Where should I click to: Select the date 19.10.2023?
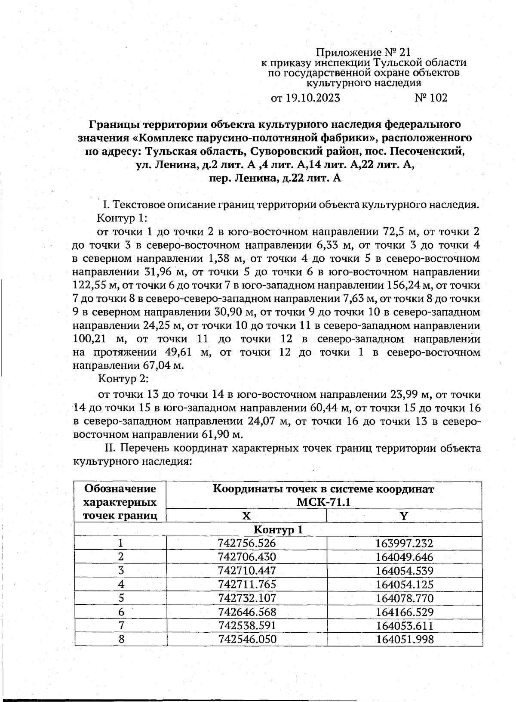pos(313,98)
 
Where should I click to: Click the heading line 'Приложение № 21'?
pos(363,53)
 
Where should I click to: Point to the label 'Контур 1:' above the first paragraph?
pos(123,218)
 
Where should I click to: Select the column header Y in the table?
pos(404,516)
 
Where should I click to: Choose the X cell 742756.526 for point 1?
pos(247,543)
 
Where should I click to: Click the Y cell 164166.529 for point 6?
pos(404,612)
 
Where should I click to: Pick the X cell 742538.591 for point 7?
pos(247,625)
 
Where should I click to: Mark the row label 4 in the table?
pos(121,584)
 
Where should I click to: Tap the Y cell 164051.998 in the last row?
pos(404,639)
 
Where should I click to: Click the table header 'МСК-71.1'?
pos(324,503)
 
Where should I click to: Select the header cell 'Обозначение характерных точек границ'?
pos(120,502)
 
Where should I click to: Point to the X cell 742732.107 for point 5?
pos(247,598)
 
